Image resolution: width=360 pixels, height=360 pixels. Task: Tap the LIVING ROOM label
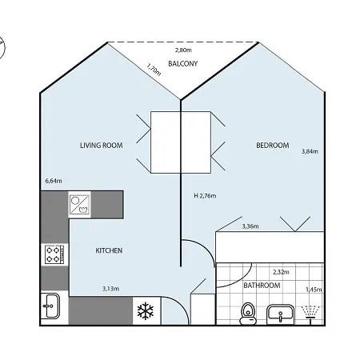click(x=101, y=146)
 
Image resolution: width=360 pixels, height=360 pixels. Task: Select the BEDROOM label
click(x=273, y=145)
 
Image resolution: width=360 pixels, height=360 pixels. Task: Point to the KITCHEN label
click(x=109, y=250)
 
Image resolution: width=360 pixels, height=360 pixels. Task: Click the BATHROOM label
click(x=262, y=285)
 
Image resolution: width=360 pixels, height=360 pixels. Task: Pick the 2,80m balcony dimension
click(x=183, y=50)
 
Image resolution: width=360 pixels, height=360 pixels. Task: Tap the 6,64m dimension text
click(x=54, y=181)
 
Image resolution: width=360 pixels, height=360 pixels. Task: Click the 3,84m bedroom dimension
click(x=310, y=150)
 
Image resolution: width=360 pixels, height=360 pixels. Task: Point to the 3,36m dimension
click(x=250, y=226)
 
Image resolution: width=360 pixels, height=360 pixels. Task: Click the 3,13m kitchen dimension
click(x=110, y=288)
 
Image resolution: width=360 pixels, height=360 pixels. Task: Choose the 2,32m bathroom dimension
click(x=281, y=271)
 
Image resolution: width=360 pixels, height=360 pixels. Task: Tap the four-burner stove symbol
click(x=54, y=255)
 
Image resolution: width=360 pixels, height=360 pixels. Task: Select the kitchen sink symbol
click(x=50, y=307)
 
